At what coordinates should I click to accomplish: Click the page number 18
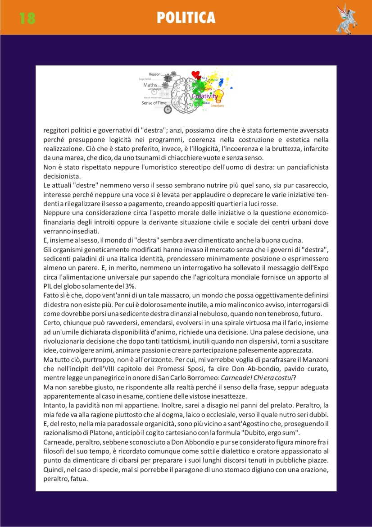pos(27,18)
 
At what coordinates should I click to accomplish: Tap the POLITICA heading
pos(186,18)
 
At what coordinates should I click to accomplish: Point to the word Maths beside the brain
pos(150,85)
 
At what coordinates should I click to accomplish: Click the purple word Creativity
pos(204,96)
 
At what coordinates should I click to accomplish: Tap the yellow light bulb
pos(218,96)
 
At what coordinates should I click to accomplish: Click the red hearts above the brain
pos(195,75)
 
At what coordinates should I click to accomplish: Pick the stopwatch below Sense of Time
pos(167,110)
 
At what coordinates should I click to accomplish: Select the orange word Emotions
pos(217,106)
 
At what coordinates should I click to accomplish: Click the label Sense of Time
pos(154,103)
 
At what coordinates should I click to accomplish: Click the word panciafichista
pos(303,167)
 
